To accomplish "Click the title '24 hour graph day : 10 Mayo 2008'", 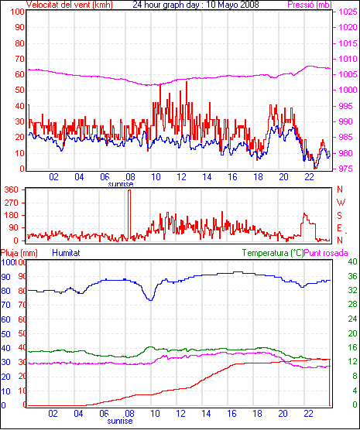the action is click(196, 5).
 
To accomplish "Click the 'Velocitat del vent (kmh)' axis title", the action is click(69, 5).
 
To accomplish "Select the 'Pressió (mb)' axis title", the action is click(310, 5).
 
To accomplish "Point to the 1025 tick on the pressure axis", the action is click(348, 12).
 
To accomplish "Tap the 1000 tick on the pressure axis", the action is click(348, 90).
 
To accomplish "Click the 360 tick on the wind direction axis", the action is click(12, 189).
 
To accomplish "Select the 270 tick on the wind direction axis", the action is click(12, 203).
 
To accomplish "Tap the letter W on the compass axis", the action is click(341, 203).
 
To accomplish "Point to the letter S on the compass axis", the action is click(340, 216).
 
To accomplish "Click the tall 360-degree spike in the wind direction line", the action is click(129, 214).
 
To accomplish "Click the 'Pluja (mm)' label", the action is click(19, 253).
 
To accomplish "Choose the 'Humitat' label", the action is click(66, 253).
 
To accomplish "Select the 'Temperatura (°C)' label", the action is click(273, 253).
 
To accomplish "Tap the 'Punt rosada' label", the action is click(326, 253).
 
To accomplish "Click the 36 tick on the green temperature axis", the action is click(352, 276).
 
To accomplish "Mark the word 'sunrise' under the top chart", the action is click(121, 184).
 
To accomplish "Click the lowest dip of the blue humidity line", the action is click(150, 300).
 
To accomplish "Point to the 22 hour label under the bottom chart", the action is click(309, 413).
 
